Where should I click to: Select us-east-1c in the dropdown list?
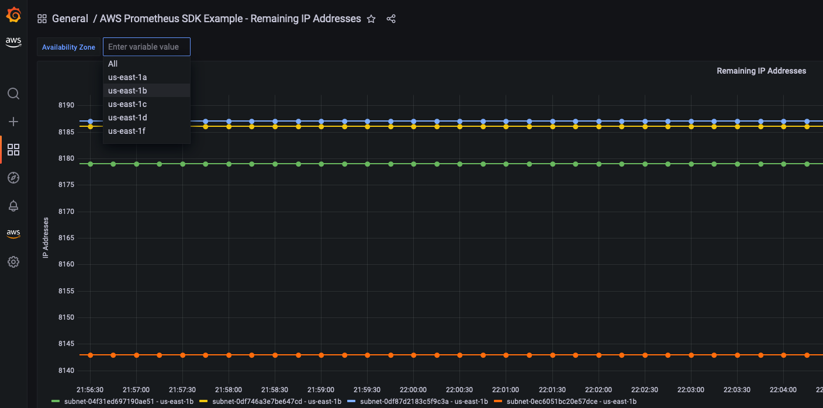[x=127, y=104]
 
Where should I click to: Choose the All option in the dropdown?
[x=113, y=64]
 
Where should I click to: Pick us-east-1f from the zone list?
[x=127, y=131]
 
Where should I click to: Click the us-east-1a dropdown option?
[x=127, y=77]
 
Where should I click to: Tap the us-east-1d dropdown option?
[x=127, y=117]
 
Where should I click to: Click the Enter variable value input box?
[x=147, y=47]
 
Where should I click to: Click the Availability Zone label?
[x=68, y=47]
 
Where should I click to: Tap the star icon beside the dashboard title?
[x=371, y=19]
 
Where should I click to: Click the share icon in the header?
[x=391, y=19]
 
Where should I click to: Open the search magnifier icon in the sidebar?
[x=13, y=94]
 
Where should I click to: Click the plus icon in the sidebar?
[x=13, y=122]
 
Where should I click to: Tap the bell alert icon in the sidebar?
[x=13, y=206]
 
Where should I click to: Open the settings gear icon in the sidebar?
[x=13, y=262]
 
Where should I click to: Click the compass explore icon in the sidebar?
[x=13, y=178]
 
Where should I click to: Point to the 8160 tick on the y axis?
[x=66, y=264]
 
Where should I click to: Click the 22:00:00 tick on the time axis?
[x=413, y=389]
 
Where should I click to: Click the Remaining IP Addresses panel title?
[x=761, y=71]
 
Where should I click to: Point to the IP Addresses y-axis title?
[x=46, y=238]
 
